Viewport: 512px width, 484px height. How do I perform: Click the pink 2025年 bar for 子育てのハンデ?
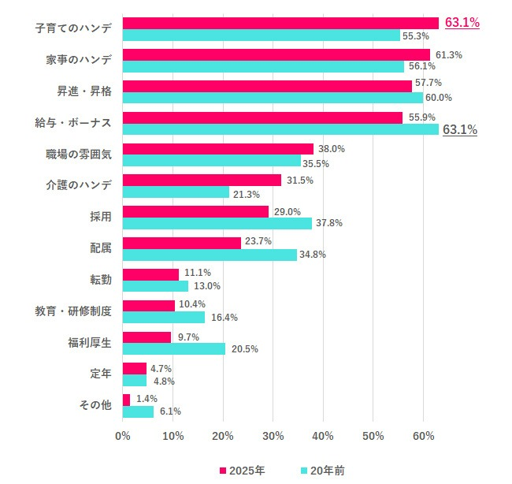280,23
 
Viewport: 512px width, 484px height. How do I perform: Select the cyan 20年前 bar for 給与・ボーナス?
280,129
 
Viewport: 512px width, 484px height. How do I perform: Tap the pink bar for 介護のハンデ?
202,180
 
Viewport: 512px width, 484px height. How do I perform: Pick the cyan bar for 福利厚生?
174,348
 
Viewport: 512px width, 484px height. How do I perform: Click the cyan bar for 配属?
210,255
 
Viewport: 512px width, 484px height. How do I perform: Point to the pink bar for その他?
127,400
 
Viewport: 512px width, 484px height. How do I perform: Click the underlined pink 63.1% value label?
462,23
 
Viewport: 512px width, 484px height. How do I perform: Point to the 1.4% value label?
147,399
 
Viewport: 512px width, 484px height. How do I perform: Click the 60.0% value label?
439,98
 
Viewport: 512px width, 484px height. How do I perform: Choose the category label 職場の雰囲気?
79,154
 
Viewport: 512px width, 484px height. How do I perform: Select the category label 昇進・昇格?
84,91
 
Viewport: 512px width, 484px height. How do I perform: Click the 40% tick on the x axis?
323,436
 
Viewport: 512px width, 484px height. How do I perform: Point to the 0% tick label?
123,436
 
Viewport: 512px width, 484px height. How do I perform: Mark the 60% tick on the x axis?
423,436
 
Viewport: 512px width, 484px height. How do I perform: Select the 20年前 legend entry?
322,471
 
